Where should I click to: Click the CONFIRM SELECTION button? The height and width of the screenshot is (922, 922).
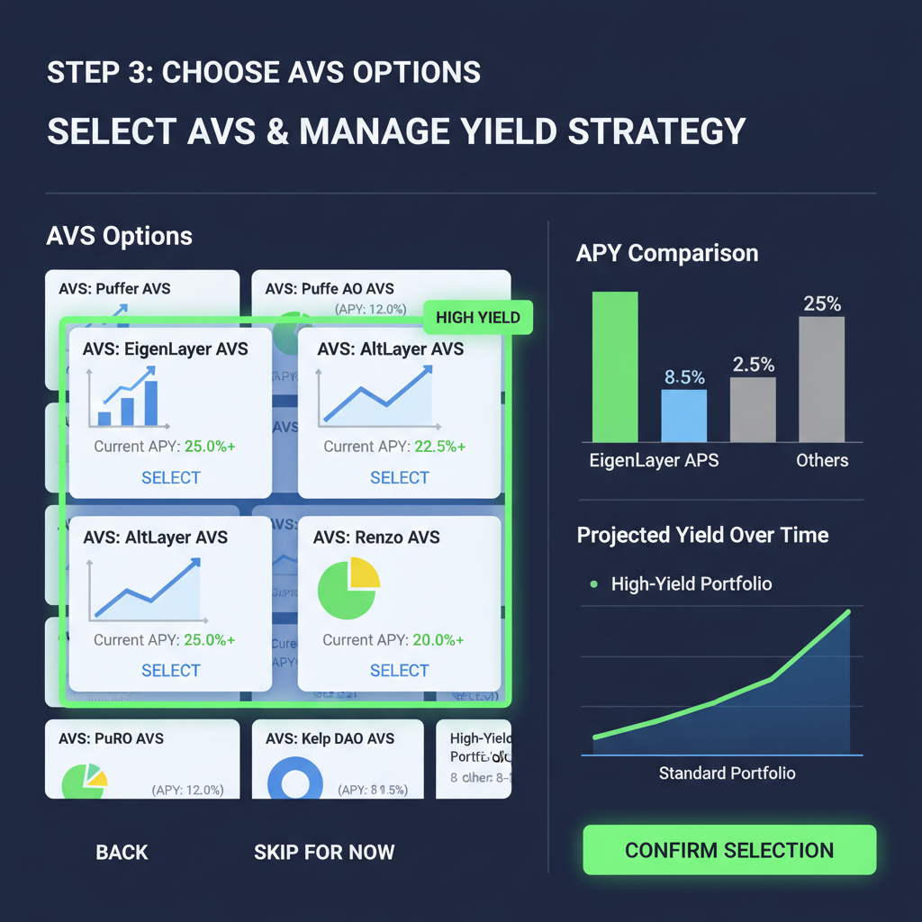pos(729,850)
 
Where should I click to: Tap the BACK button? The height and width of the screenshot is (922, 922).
pos(122,852)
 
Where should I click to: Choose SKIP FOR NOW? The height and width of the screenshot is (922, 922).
pos(324,852)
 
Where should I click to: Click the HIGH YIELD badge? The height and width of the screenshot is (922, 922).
pos(478,318)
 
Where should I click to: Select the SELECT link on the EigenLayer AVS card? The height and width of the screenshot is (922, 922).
pos(170,477)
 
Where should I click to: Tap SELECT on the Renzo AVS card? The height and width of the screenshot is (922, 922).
pos(399,670)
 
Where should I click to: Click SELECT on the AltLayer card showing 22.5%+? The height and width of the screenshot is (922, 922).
pos(399,477)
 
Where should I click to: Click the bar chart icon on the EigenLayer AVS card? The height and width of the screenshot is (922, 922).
pos(128,400)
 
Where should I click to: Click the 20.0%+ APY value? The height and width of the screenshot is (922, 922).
pos(438,640)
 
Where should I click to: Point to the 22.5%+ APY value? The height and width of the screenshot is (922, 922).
pos(438,447)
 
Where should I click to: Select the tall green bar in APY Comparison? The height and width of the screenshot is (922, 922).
pos(615,366)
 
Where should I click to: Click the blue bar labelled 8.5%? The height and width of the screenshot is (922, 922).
pos(684,415)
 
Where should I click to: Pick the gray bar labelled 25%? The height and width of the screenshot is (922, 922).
pos(821,379)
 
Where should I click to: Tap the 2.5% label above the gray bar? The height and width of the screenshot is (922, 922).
pos(753,365)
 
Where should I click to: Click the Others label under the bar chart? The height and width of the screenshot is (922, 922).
pos(821,460)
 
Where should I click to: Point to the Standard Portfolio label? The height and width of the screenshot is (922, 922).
pos(727,773)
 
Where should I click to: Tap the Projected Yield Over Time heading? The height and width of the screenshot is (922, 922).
pos(702,535)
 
